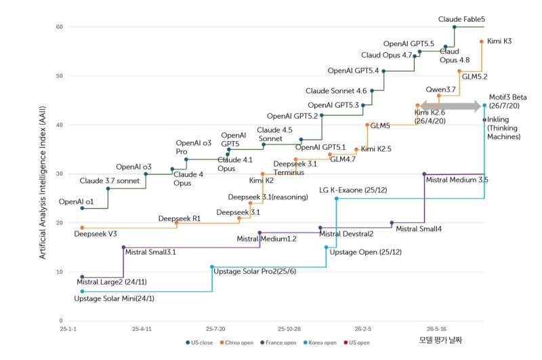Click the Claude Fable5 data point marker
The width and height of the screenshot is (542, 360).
pos(454,27)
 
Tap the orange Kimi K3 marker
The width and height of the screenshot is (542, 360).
pos(482,41)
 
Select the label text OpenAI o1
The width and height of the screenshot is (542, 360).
pos(76,201)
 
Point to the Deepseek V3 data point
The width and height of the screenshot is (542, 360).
pos(82,228)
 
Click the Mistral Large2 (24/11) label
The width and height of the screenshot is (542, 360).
pos(112,282)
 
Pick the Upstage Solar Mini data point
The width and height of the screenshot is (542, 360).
pos(82,292)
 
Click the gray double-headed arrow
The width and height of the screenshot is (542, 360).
pos(451,106)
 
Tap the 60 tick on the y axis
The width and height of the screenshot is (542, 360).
pos(60,27)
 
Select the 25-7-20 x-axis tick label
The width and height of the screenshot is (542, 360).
pos(215,329)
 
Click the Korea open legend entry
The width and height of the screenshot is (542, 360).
pos(320,342)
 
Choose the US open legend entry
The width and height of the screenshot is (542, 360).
pos(356,342)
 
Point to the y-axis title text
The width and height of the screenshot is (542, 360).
pos(42,182)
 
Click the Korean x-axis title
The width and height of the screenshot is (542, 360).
pos(440,340)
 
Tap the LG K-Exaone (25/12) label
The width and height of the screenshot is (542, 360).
pos(353,190)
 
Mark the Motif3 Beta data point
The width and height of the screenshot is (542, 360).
pos(484,105)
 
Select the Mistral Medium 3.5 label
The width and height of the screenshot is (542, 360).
pos(457,180)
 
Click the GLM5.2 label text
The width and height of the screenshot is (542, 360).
pos(475,77)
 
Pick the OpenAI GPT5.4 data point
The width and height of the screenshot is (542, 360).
pos(383,71)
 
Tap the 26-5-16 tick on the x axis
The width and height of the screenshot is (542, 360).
pos(436,329)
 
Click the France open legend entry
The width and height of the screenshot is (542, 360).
pos(278,342)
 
